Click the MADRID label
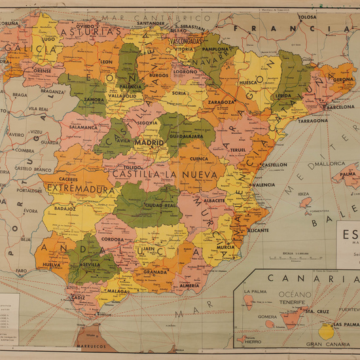[149, 142]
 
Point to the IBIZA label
[303, 194]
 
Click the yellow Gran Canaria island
[325, 331]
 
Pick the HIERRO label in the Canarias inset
[252, 341]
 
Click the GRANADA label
[156, 271]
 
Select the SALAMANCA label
[83, 127]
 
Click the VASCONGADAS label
[188, 40]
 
